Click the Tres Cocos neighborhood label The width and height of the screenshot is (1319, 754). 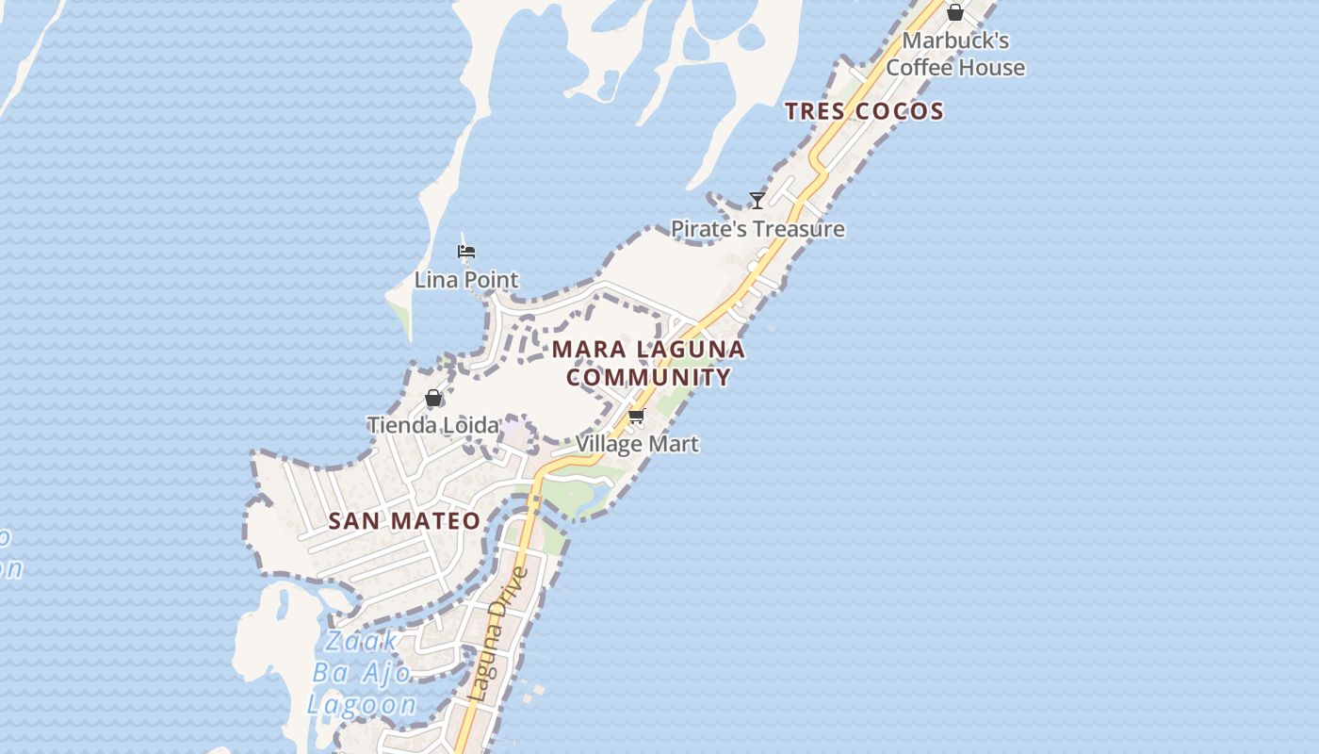[864, 111]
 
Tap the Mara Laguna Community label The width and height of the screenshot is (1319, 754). [648, 363]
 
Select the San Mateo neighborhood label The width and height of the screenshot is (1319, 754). [404, 520]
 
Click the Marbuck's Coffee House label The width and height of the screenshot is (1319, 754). [955, 54]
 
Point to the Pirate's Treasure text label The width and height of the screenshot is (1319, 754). [757, 229]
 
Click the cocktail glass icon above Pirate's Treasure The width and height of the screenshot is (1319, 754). [757, 200]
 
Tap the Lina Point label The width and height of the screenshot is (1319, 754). [466, 280]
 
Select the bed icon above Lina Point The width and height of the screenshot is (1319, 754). [466, 252]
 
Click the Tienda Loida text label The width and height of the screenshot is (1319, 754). [432, 425]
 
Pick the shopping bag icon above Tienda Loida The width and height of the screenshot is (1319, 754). [433, 398]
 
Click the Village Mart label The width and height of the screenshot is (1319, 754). [637, 443]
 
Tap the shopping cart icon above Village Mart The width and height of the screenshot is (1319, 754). [636, 417]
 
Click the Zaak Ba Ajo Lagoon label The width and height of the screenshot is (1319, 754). [363, 673]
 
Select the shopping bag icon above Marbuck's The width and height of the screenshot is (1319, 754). [954, 12]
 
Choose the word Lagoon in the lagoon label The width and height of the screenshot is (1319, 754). [363, 704]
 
